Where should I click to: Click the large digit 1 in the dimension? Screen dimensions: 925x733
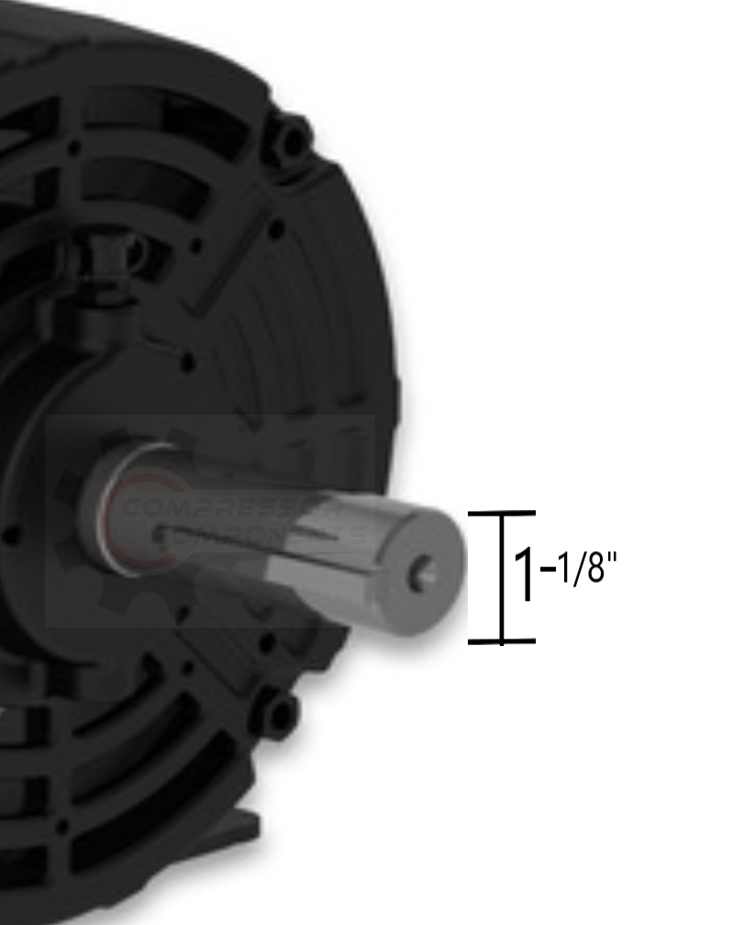click(x=526, y=576)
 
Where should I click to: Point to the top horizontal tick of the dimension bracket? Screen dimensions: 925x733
click(x=501, y=514)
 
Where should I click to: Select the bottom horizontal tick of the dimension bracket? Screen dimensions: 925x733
click(x=501, y=641)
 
